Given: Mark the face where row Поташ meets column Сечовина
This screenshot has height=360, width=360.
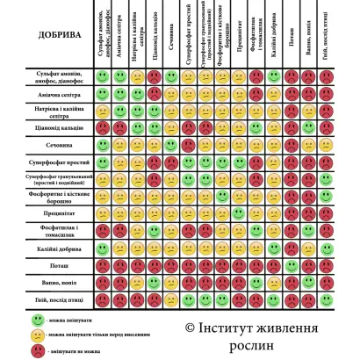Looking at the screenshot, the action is (x=171, y=264).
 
